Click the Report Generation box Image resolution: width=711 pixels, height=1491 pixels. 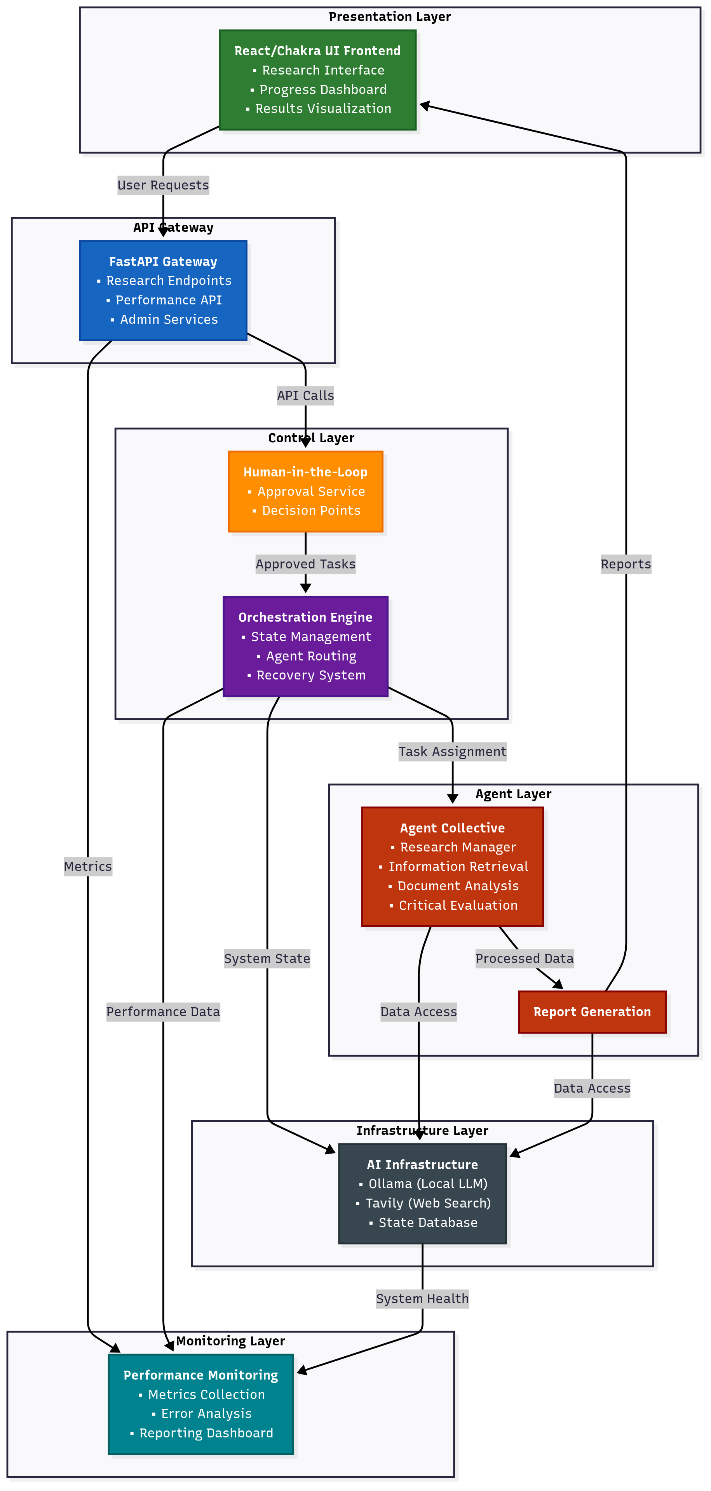pos(592,1012)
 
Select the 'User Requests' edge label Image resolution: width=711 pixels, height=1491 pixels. pos(163,185)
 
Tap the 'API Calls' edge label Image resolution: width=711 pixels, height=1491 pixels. pos(305,396)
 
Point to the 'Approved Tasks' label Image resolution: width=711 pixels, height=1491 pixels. pos(305,564)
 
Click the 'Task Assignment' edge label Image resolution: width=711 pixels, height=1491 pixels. pos(452,752)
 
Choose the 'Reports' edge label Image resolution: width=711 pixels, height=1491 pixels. pos(625,564)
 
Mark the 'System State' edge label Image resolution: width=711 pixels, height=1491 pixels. pos(267,959)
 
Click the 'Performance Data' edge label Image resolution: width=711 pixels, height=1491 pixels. pos(163,1012)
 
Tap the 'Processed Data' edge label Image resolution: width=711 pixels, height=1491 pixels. pos(524,959)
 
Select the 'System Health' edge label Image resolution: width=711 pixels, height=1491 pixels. pos(422,1299)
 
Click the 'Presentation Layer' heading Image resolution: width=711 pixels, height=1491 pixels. pos(390,17)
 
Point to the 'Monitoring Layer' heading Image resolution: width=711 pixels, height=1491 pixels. pos(230,1341)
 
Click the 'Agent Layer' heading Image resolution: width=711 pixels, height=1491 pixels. pos(513,794)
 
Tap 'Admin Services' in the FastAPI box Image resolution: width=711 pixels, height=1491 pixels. pos(169,320)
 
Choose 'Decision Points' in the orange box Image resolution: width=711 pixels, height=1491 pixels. pos(311,511)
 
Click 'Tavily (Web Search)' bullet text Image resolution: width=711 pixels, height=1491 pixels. pos(428,1203)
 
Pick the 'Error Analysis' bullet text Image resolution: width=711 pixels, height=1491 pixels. pos(206,1413)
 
